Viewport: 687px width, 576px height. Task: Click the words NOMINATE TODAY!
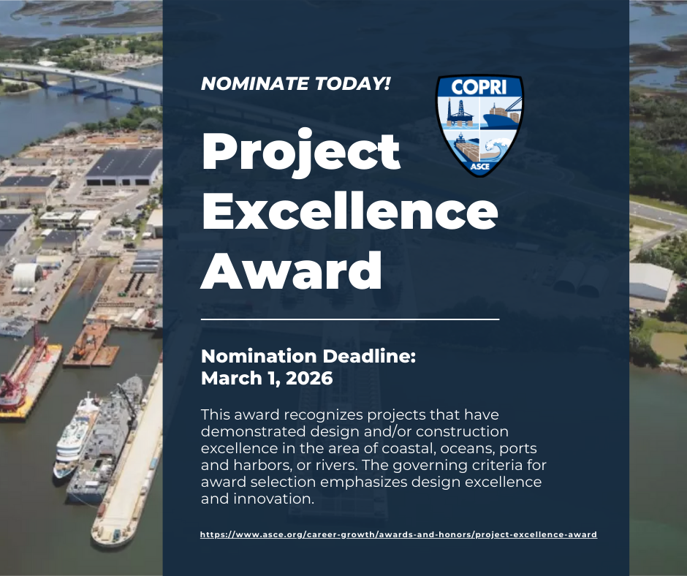point(295,84)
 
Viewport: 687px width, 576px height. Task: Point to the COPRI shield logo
point(479,126)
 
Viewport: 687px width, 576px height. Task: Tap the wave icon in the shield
point(497,148)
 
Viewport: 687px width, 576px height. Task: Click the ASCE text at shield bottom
point(479,167)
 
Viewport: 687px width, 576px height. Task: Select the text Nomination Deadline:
point(308,356)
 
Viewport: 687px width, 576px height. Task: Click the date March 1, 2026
point(267,378)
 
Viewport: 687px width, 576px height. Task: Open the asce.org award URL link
point(398,534)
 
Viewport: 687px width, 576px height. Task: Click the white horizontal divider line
point(350,319)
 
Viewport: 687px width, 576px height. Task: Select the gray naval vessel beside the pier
point(105,439)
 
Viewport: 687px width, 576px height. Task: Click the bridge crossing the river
point(81,81)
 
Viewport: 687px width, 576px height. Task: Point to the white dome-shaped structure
point(28,276)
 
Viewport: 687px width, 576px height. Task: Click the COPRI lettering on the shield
point(479,87)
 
